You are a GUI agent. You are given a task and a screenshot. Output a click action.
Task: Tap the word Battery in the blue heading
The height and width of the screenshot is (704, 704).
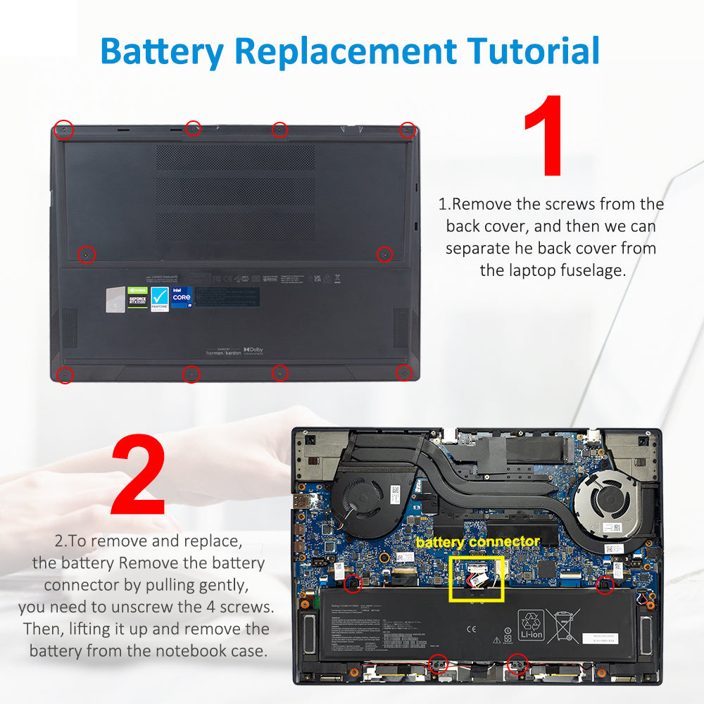(161, 51)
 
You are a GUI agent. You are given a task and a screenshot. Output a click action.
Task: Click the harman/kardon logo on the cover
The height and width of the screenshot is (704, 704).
(222, 351)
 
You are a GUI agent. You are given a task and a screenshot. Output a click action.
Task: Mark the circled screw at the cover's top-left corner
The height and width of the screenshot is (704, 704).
(64, 130)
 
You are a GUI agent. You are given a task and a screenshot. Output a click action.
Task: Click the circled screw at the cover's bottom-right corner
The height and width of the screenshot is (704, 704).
(403, 373)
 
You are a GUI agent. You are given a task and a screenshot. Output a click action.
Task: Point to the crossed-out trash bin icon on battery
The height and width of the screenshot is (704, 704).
(562, 624)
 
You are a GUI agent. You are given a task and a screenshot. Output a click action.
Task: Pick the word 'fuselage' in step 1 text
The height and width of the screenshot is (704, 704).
(589, 270)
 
